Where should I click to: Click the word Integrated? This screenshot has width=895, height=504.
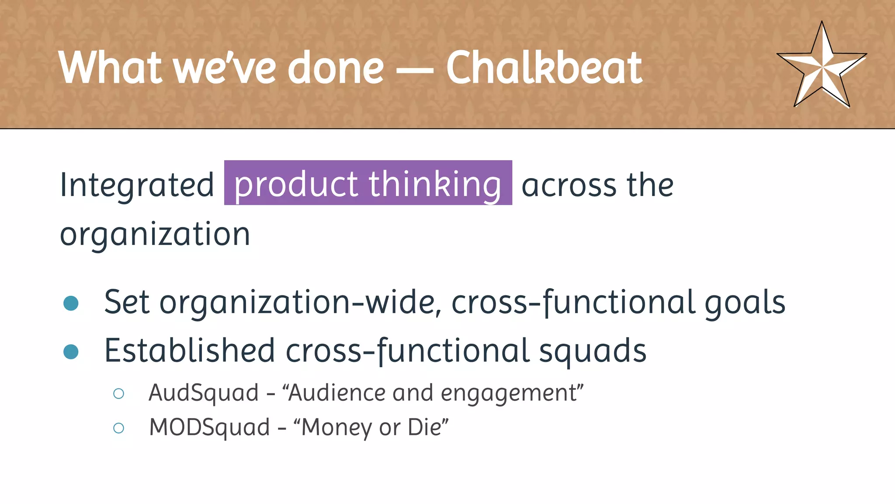pyautogui.click(x=137, y=185)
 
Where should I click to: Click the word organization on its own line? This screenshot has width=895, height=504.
pyautogui.click(x=155, y=234)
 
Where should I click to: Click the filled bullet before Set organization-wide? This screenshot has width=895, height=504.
pyautogui.click(x=71, y=303)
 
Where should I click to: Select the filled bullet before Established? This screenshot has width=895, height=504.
pyautogui.click(x=71, y=351)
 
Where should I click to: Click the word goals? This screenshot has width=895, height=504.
pyautogui.click(x=745, y=303)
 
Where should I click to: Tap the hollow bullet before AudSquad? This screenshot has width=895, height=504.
pyautogui.click(x=118, y=393)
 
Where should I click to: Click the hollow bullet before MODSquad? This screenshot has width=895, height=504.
pyautogui.click(x=118, y=428)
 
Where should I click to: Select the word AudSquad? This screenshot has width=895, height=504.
pyautogui.click(x=204, y=393)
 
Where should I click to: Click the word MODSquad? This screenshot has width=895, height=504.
pyautogui.click(x=209, y=427)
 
